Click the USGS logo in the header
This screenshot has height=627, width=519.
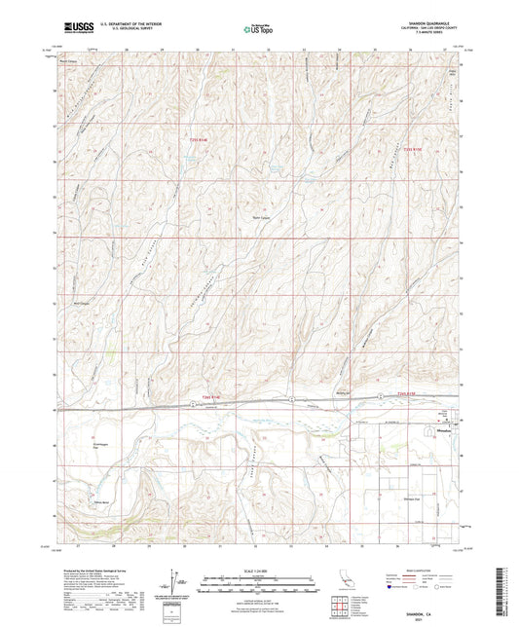(x=75, y=27)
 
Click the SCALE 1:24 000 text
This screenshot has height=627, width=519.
(x=259, y=570)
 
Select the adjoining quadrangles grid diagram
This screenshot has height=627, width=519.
(x=339, y=607)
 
